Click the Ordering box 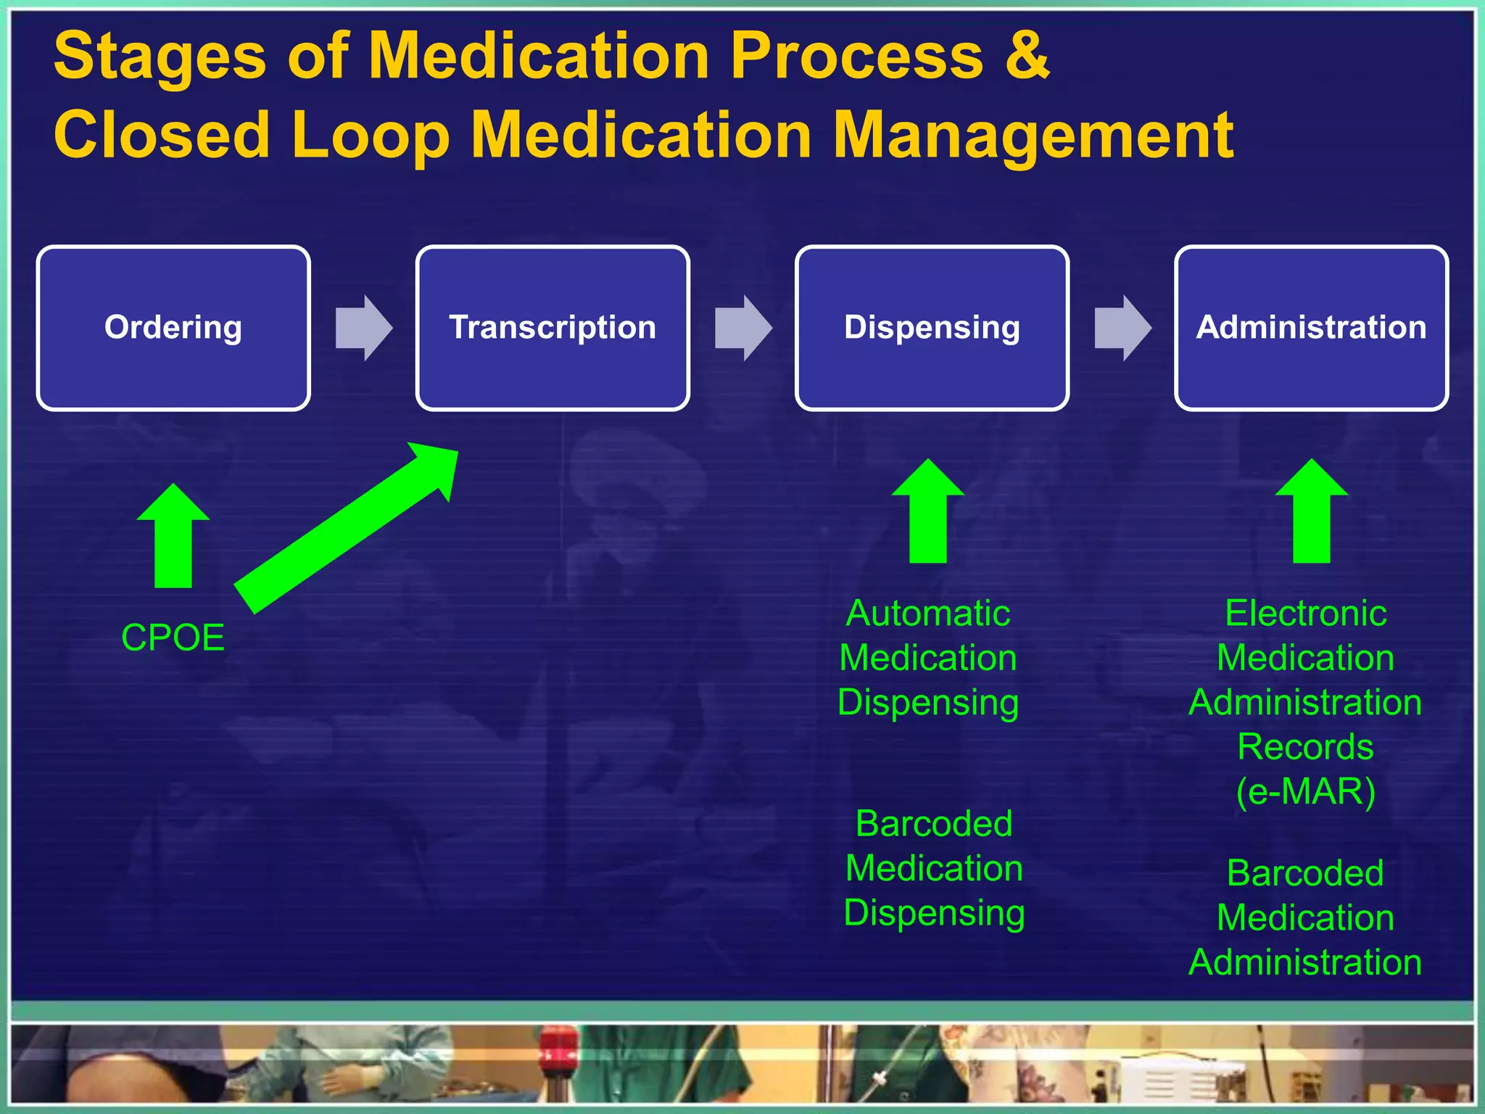pos(173,328)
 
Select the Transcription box pos(553,328)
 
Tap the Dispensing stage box pos(932,328)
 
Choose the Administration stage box pos(1311,328)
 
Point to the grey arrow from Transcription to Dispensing pos(743,328)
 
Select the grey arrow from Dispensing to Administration pos(1122,328)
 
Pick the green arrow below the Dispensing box pos(928,511)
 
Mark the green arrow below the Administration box pos(1311,511)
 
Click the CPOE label pos(173,638)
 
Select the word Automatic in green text pos(928,614)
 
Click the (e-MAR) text pos(1305,791)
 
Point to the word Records pos(1305,747)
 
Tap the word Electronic pos(1305,614)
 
